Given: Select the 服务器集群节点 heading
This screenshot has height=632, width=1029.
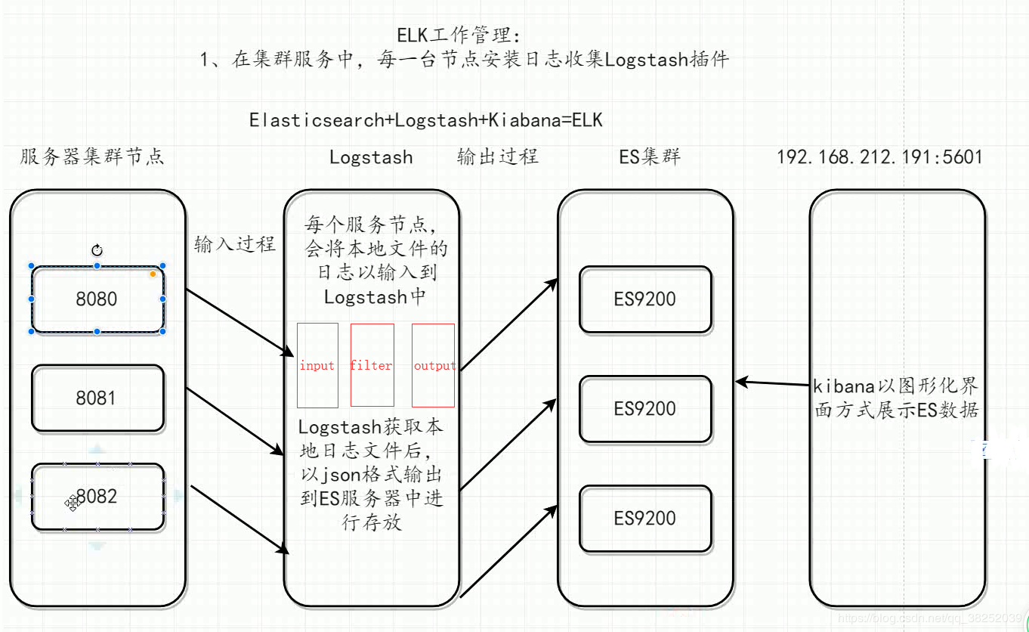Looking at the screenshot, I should (x=92, y=156).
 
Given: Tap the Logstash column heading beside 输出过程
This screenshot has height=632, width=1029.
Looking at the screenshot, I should (x=371, y=157).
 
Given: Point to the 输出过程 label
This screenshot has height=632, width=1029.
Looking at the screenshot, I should (x=497, y=156).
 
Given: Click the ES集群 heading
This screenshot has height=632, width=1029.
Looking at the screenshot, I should (x=650, y=156).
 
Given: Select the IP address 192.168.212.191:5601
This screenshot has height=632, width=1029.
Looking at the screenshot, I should (x=879, y=157).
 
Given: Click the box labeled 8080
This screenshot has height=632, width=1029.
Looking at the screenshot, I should (x=97, y=299).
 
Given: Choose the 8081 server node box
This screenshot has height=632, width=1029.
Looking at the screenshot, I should (x=97, y=398).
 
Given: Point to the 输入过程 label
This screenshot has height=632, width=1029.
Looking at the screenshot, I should (x=234, y=244).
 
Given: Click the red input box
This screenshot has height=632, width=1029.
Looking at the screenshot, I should (x=317, y=366).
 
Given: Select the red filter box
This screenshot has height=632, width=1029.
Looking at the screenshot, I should (x=372, y=366).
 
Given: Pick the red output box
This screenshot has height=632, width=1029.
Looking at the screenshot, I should (x=434, y=366).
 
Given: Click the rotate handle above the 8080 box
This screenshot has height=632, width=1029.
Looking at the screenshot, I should (x=97, y=250).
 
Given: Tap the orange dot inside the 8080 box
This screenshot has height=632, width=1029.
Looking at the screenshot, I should (x=153, y=274).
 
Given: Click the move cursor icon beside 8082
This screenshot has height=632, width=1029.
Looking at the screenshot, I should (x=72, y=503).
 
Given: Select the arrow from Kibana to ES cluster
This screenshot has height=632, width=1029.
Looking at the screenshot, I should (x=772, y=383).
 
